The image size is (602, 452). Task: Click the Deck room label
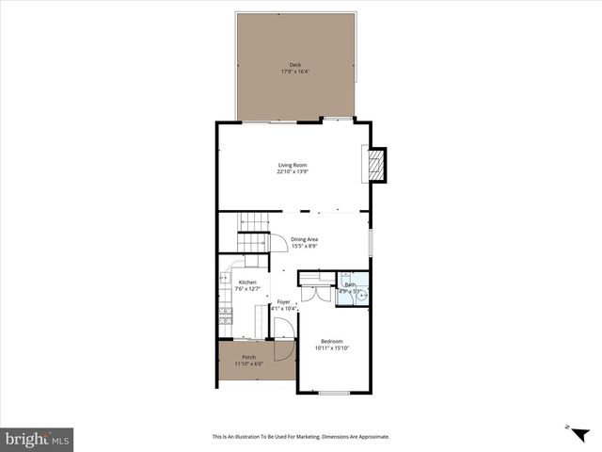point(294,65)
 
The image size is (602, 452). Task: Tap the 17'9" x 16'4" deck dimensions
point(294,72)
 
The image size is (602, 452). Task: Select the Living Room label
point(293,165)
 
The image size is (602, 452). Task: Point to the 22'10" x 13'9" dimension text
point(293,171)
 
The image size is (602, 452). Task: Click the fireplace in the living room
point(376,166)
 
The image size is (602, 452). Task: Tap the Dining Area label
point(304,239)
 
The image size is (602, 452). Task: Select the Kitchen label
point(247,282)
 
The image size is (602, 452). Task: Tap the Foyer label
point(283,301)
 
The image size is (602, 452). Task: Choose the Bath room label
point(350,284)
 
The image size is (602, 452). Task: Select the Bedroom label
point(331,341)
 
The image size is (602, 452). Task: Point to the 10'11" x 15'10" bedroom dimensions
point(331,348)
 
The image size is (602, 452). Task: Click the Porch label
point(249,357)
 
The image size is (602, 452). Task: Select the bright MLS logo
point(38,438)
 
